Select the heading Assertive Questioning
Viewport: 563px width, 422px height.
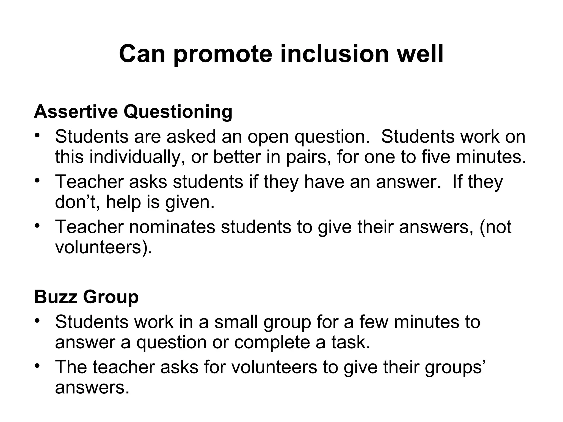click(x=133, y=112)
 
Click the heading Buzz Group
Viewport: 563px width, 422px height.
click(x=86, y=298)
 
